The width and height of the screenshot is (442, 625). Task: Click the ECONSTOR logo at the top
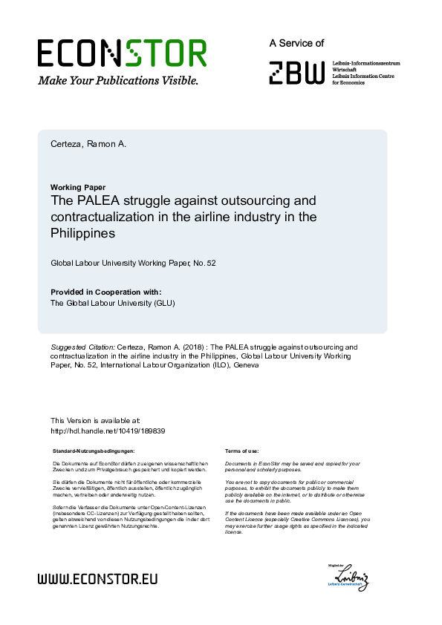click(122, 53)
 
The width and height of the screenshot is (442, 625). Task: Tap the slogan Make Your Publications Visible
click(118, 81)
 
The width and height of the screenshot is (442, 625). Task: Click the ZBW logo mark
click(296, 73)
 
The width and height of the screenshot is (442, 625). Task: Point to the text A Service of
click(296, 44)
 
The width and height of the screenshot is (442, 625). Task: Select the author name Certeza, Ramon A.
click(88, 143)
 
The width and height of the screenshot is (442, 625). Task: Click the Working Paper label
click(78, 187)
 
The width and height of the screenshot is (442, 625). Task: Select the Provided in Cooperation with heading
click(105, 292)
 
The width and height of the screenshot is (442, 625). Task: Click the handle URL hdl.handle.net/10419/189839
click(107, 431)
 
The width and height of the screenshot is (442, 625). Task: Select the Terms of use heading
click(241, 451)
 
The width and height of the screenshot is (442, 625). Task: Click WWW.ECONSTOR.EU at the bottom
click(97, 579)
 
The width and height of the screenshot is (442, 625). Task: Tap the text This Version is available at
click(95, 421)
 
